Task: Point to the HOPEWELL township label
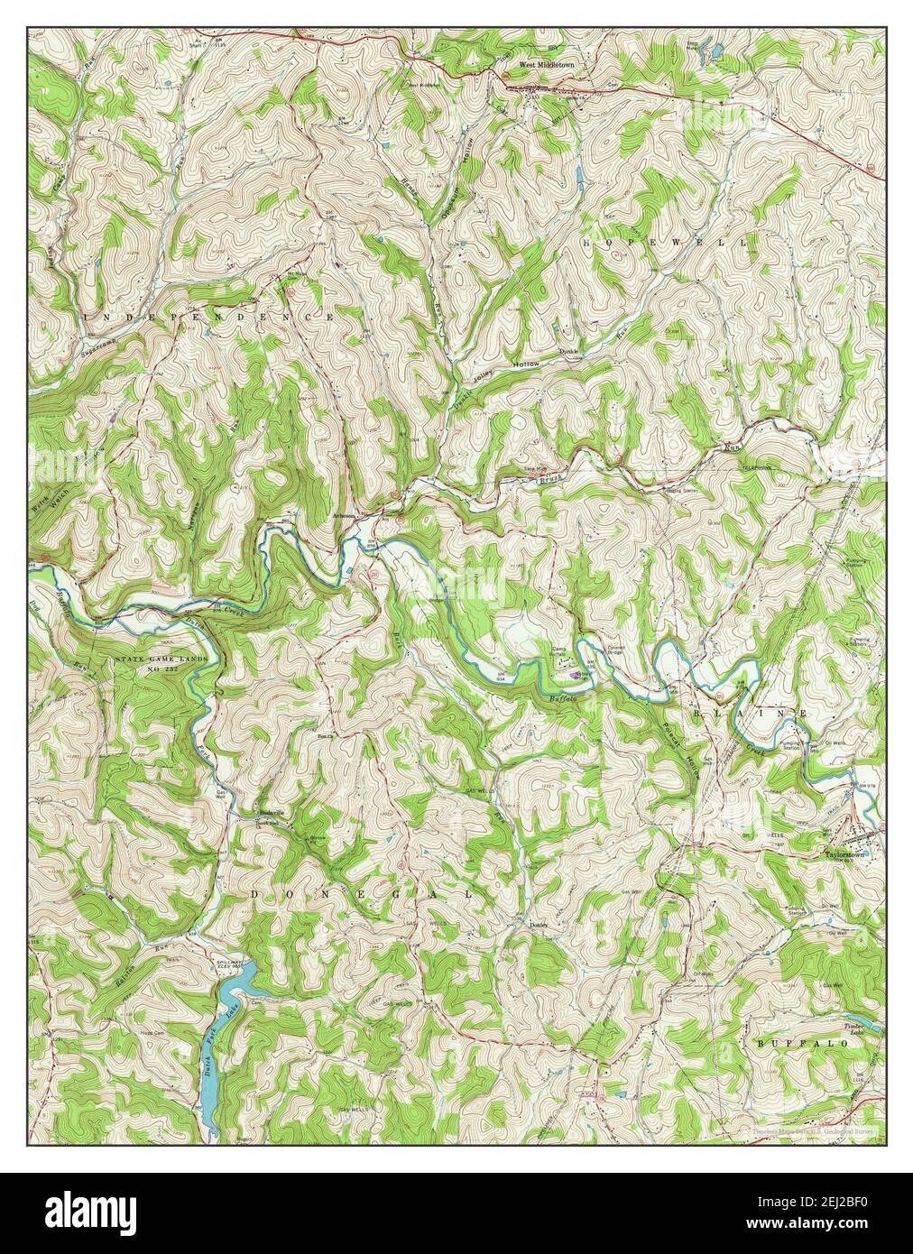[666, 244]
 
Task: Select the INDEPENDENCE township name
[208, 319]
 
